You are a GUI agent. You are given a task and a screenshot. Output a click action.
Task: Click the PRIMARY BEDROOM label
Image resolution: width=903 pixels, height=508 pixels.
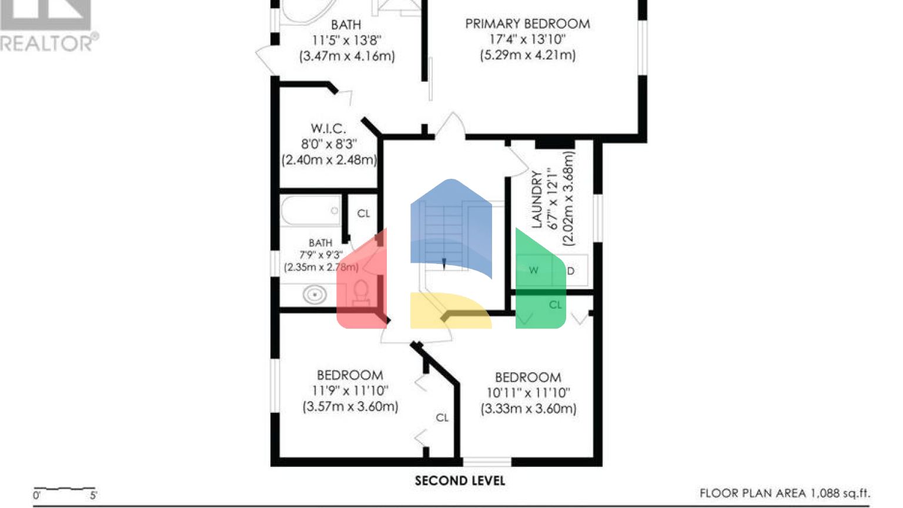click(x=527, y=24)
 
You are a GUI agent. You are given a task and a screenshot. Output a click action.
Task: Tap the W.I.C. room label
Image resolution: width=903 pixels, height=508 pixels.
click(x=328, y=129)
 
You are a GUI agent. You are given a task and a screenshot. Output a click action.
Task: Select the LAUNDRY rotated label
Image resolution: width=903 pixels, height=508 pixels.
click(x=536, y=199)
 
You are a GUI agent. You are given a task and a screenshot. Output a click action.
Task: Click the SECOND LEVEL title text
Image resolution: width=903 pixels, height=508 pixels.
click(x=460, y=481)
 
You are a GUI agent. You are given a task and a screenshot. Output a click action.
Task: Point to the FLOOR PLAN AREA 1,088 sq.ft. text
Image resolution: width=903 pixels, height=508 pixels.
click(x=784, y=493)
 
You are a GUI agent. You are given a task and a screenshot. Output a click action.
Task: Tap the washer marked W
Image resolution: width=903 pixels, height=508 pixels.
click(x=533, y=270)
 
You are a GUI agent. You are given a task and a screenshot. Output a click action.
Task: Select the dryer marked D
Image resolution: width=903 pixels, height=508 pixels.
click(x=570, y=271)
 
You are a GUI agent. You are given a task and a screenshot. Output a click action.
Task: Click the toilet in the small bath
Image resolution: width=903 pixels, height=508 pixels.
click(x=360, y=292)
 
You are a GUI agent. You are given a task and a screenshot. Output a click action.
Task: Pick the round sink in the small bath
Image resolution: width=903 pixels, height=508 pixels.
click(x=315, y=295)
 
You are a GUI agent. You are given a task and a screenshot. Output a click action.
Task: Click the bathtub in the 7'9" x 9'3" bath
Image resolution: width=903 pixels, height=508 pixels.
click(x=310, y=210)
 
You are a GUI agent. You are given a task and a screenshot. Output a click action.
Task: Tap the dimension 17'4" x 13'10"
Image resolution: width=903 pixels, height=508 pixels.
click(x=527, y=39)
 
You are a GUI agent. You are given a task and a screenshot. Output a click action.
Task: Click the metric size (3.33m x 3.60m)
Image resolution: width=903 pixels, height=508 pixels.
click(x=529, y=409)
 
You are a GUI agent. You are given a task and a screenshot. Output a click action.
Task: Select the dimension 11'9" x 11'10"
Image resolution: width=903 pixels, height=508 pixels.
click(x=350, y=391)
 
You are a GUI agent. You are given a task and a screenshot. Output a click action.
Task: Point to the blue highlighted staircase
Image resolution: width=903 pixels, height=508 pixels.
click(x=451, y=229)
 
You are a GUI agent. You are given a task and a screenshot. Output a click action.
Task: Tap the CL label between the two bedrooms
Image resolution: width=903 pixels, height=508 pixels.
click(x=442, y=417)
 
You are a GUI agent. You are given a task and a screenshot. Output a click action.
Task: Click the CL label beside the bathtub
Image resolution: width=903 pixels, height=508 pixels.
click(x=363, y=213)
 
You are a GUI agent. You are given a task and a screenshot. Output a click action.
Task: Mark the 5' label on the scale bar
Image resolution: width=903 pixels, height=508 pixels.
click(x=93, y=496)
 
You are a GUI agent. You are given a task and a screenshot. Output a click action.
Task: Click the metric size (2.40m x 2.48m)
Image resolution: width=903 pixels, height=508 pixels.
click(x=329, y=160)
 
